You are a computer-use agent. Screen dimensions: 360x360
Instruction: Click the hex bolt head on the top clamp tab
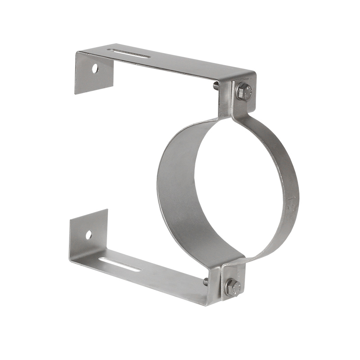point(243,91)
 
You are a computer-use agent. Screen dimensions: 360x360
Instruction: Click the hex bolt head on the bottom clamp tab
point(233,287)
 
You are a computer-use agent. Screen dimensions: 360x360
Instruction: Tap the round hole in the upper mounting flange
point(95,68)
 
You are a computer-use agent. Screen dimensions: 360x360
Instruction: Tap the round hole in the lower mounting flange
point(89,234)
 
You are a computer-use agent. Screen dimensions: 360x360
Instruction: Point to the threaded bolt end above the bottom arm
point(206,282)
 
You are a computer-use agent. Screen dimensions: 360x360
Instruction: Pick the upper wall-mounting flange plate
point(92,74)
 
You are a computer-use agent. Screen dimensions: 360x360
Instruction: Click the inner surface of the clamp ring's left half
point(180,189)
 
